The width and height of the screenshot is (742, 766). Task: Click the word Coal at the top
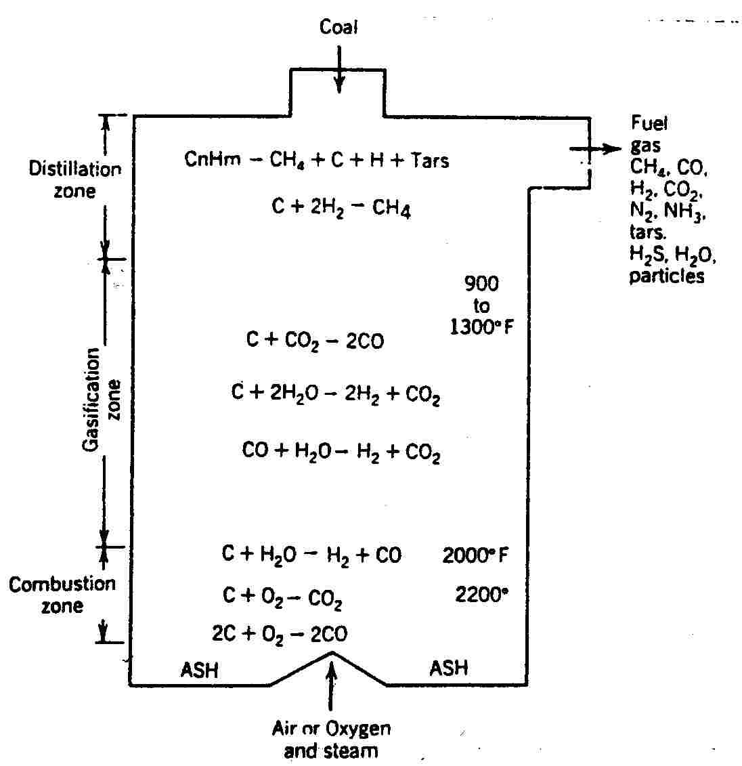(339, 28)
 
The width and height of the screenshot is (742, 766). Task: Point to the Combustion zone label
(62, 594)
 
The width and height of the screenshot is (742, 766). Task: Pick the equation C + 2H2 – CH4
(341, 208)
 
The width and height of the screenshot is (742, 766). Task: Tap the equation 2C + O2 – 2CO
(280, 634)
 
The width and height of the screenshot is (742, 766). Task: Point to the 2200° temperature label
(481, 595)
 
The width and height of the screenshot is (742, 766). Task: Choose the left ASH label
(200, 671)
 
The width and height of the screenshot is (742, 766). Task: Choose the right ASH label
(449, 668)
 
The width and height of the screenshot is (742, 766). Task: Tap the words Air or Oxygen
(331, 729)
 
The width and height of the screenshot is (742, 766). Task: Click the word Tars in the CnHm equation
(430, 161)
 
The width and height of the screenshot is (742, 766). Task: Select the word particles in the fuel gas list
(667, 276)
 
